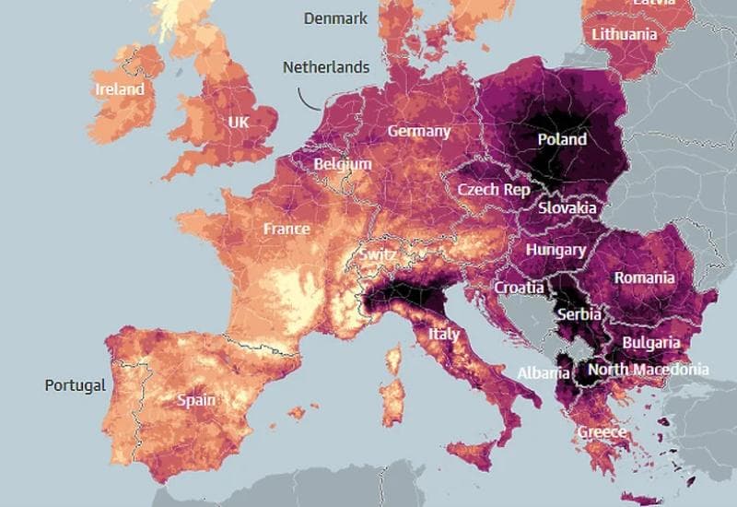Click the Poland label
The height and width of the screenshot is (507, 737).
tap(561, 139)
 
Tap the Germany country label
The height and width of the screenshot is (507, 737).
tap(418, 131)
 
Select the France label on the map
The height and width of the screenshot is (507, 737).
tap(287, 229)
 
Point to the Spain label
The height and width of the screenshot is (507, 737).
tap(196, 400)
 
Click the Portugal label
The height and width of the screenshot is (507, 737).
tap(75, 385)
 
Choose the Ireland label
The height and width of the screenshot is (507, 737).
tap(120, 89)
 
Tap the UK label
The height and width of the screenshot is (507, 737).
tap(239, 122)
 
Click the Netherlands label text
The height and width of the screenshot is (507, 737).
tap(325, 67)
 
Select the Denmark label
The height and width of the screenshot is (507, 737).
tap(335, 18)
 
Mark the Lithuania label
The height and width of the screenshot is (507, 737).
tap(626, 34)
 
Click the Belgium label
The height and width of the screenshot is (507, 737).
tap(343, 164)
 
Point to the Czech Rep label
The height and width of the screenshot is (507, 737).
tap(494, 190)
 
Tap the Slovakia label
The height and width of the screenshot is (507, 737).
tap(567, 208)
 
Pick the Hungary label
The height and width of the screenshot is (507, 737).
tap(556, 250)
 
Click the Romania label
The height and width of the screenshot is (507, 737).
tap(644, 277)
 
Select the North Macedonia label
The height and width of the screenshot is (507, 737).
tap(648, 370)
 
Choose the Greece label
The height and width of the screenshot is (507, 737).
tap(602, 431)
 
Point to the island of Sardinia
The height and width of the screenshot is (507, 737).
tap(393, 392)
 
